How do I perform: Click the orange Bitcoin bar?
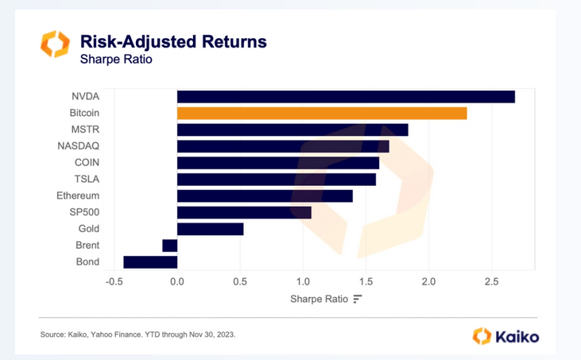click(x=322, y=113)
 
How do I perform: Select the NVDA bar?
click(x=346, y=97)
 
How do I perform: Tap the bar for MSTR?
click(x=292, y=130)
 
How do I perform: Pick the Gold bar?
click(x=210, y=229)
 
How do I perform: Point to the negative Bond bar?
click(x=150, y=262)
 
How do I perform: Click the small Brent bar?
click(x=169, y=246)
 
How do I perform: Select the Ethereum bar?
click(x=265, y=195)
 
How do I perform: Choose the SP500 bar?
click(x=244, y=212)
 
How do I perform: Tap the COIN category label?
click(x=87, y=163)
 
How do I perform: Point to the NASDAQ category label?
click(x=79, y=146)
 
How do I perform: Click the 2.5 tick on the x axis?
click(x=491, y=281)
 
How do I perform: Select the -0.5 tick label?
click(x=114, y=281)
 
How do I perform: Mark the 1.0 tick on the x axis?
click(x=303, y=281)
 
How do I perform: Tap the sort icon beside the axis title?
click(x=358, y=299)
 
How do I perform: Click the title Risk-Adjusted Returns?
click(x=173, y=41)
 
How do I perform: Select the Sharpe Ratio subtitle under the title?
click(x=116, y=59)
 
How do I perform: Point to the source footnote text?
click(x=138, y=335)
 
